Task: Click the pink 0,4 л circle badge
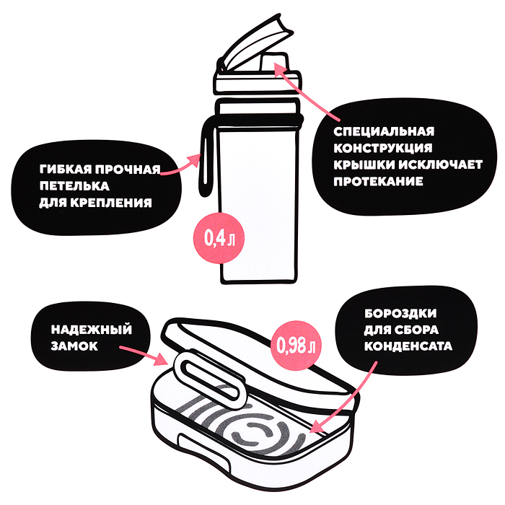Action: (219, 238)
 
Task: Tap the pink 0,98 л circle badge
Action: (296, 345)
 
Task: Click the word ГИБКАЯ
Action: (66, 169)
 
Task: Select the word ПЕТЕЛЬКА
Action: (74, 186)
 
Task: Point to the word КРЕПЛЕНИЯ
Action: (111, 203)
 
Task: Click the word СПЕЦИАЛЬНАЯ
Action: (384, 131)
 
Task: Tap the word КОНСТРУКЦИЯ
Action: (383, 148)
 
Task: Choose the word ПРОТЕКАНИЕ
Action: (378, 181)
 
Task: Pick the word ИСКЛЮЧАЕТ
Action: (441, 164)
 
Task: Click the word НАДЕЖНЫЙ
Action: (92, 330)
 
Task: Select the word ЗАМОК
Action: (74, 346)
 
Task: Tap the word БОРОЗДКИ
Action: (400, 313)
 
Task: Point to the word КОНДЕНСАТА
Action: (408, 346)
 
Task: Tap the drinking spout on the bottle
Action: (274, 62)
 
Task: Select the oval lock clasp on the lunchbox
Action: (208, 379)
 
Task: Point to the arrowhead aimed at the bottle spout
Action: (280, 69)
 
